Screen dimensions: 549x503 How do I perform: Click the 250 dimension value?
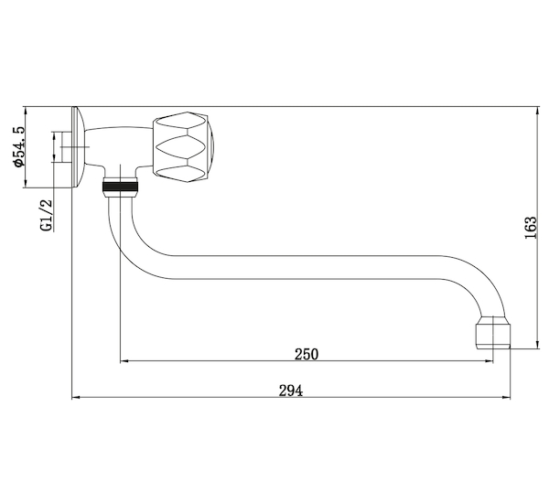(x=307, y=354)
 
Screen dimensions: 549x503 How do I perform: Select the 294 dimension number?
(x=291, y=391)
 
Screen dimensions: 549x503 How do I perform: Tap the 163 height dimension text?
(x=531, y=228)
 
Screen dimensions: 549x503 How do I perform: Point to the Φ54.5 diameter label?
(x=18, y=146)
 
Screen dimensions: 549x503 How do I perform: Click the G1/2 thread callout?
(x=47, y=216)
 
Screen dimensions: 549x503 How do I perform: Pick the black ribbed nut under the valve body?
(x=120, y=187)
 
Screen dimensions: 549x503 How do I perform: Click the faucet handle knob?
(x=183, y=147)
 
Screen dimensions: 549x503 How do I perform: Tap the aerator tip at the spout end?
(x=492, y=332)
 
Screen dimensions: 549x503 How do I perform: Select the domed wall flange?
(x=78, y=147)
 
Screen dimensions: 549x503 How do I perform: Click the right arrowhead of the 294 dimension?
(x=506, y=397)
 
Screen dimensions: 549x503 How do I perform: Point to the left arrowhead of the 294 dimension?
(x=76, y=397)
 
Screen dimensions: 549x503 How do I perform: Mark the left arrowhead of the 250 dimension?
(x=124, y=360)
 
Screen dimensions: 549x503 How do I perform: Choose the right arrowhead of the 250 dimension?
(x=490, y=360)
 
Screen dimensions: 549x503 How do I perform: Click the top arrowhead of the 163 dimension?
(x=538, y=111)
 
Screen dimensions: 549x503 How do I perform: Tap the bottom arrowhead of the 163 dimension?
(x=538, y=345)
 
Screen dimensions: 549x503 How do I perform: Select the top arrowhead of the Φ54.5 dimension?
(x=26, y=111)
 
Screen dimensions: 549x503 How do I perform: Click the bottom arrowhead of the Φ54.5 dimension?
(x=26, y=183)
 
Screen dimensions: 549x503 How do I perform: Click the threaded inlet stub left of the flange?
(x=66, y=147)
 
